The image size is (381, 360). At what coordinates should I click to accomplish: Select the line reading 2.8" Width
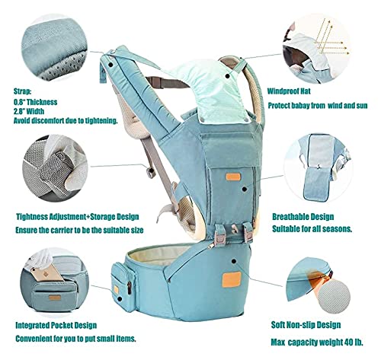tap(38, 111)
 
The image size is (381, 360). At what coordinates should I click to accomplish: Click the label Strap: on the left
tap(24, 88)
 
